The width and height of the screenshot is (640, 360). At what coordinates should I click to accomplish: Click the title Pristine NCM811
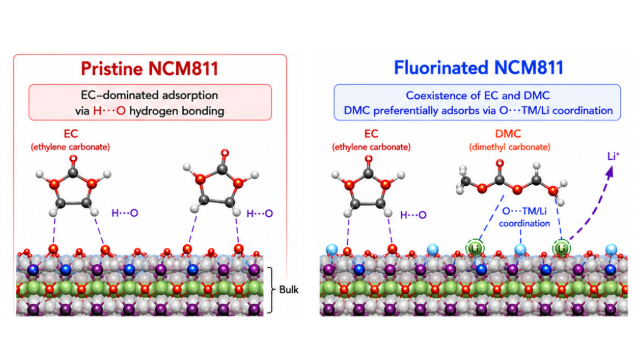click(149, 68)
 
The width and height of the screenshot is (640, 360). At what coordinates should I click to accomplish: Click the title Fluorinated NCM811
click(478, 68)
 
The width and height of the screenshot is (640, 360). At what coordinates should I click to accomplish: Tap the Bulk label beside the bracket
click(289, 290)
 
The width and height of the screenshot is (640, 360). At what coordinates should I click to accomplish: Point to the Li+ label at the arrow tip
click(613, 156)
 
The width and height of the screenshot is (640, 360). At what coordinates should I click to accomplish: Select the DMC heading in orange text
click(508, 134)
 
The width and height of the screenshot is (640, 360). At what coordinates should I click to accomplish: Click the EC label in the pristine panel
click(71, 134)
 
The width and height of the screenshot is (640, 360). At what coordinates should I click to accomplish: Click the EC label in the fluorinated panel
click(371, 134)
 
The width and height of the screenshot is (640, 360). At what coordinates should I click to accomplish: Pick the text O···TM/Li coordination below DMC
click(524, 217)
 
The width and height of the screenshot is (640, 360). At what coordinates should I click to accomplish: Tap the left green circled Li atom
click(475, 248)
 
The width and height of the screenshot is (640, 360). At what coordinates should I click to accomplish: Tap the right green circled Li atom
click(562, 248)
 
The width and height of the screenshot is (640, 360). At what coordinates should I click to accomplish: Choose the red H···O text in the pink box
click(109, 111)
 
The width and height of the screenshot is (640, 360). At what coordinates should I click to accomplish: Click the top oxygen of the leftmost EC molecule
click(73, 159)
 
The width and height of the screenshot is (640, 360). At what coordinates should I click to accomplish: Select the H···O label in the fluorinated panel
click(413, 215)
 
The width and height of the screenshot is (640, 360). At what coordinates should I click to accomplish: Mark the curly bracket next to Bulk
click(271, 290)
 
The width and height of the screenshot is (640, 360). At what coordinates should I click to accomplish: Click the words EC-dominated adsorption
click(149, 95)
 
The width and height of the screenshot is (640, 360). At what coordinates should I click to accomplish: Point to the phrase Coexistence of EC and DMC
click(478, 96)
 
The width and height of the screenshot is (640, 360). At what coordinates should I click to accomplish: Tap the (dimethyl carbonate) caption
click(509, 147)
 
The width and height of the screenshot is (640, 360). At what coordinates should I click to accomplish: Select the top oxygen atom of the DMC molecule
click(500, 164)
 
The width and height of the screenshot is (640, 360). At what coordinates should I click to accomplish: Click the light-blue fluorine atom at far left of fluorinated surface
click(332, 249)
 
